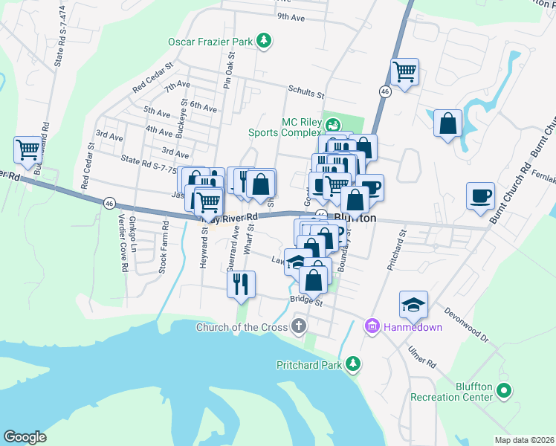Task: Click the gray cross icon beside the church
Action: (298, 326)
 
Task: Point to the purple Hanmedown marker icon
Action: (372, 326)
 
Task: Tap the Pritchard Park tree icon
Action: (355, 364)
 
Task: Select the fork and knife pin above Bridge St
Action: (241, 284)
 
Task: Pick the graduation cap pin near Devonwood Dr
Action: (413, 304)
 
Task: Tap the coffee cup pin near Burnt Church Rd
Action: (480, 196)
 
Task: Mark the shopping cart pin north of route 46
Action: (404, 72)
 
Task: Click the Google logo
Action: (25, 436)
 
